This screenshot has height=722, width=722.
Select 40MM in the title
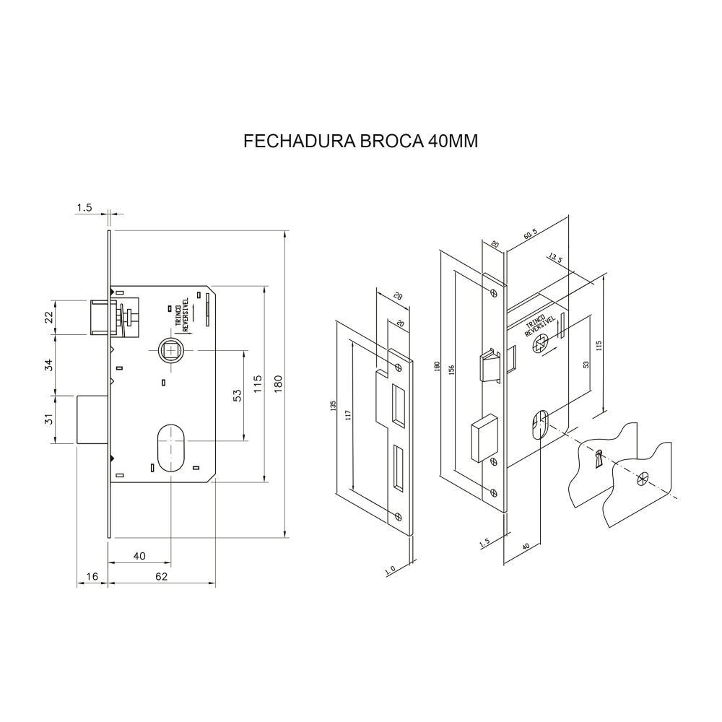[452, 141]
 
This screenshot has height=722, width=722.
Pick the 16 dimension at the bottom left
[92, 576]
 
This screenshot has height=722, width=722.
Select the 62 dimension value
[161, 576]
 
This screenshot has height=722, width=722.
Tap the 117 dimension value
[347, 414]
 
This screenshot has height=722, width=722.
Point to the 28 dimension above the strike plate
[398, 297]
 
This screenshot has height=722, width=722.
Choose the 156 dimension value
[451, 368]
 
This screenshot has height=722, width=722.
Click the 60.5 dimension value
[531, 235]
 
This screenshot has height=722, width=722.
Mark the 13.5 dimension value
[555, 257]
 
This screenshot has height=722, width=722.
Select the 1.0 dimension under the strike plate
[391, 570]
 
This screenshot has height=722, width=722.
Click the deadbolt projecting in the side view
[92, 419]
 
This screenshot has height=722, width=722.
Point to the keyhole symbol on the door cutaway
[598, 458]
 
